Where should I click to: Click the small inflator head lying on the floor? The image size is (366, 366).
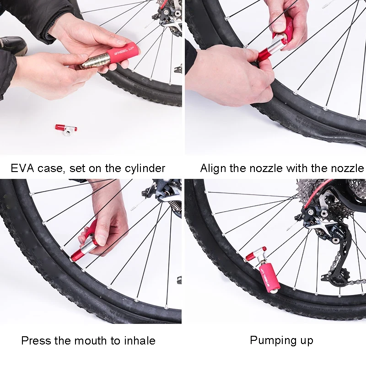click(66, 129)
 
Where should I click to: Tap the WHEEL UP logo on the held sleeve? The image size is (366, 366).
click(124, 51)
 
